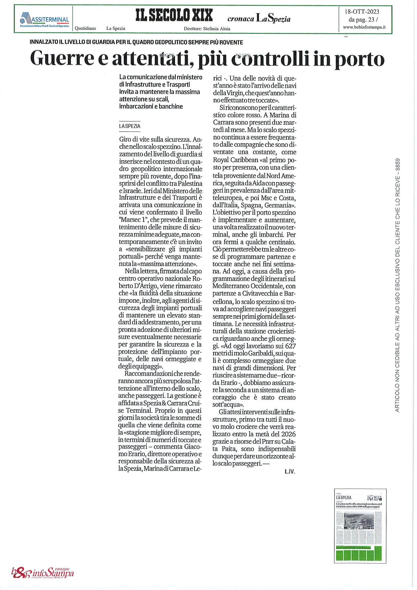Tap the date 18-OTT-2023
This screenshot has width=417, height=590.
[363, 12]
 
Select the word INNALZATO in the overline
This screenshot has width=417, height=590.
[44, 42]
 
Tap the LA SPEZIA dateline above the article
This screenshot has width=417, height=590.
[130, 126]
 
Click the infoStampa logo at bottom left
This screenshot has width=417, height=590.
[42, 573]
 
